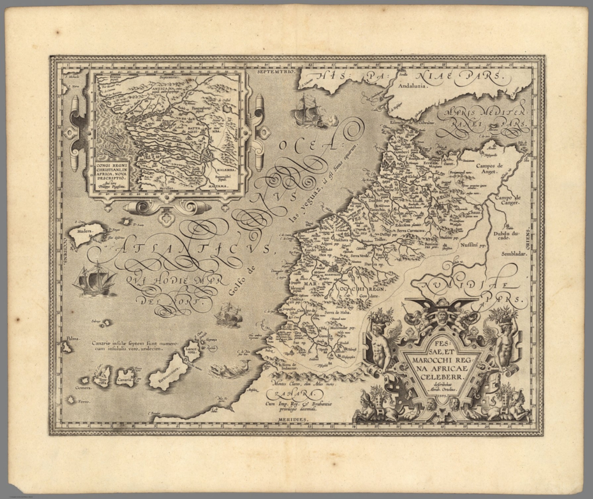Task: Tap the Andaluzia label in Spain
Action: click(x=414, y=86)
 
